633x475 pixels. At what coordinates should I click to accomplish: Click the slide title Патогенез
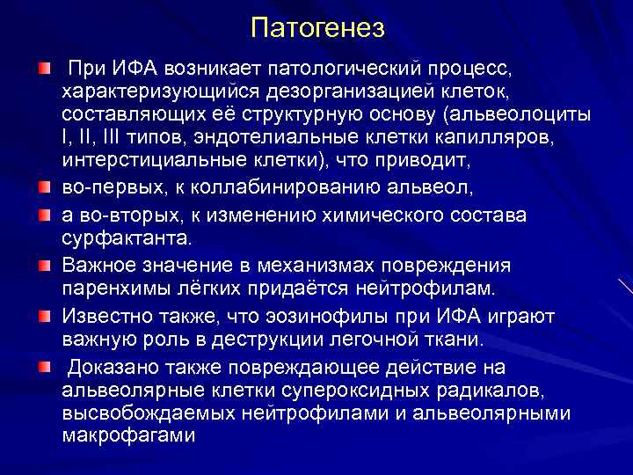[x=317, y=28]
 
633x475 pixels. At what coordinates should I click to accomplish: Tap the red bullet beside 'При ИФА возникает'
[x=44, y=68]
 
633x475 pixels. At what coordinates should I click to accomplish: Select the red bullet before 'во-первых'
[x=44, y=187]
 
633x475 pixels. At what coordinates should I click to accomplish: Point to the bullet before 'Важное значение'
[x=44, y=265]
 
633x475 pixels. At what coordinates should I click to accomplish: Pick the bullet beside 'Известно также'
[x=44, y=315]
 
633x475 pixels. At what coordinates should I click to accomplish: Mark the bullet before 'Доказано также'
[x=44, y=365]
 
